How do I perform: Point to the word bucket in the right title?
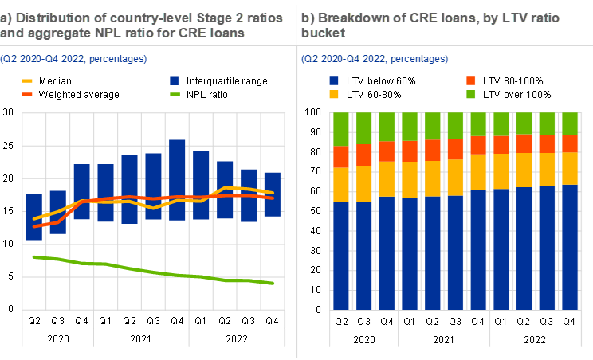tap(321, 33)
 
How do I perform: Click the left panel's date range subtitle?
tap(73, 59)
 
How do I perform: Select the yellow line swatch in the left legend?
tap(27, 80)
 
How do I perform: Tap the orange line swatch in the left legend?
tap(27, 94)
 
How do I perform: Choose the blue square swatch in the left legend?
tap(175, 80)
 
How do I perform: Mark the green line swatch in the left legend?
tap(175, 94)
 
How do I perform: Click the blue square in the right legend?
tap(333, 80)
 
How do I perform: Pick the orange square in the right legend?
tap(471, 80)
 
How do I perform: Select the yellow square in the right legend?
tap(333, 94)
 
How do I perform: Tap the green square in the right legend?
tap(471, 94)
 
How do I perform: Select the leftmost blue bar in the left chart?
tap(33, 217)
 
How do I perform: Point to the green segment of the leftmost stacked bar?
tap(341, 129)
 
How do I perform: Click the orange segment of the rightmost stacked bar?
tap(571, 143)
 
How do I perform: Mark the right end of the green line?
tap(273, 283)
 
